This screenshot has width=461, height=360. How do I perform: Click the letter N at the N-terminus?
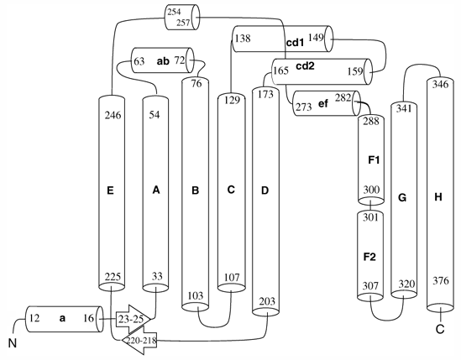(x=12, y=343)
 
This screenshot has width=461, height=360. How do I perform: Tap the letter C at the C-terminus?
(x=440, y=329)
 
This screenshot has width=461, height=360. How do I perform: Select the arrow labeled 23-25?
(x=134, y=319)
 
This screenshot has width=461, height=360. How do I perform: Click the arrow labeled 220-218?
(x=139, y=341)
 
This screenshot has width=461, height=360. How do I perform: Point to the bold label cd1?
(x=295, y=43)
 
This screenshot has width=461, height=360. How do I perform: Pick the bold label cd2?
(x=305, y=66)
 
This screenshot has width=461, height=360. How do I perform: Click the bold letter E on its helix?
(x=110, y=190)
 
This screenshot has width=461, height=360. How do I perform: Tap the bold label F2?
(x=369, y=257)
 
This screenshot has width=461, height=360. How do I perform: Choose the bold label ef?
(x=323, y=103)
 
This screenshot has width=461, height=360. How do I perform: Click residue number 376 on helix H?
(x=441, y=281)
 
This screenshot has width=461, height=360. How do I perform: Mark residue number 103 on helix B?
(x=195, y=295)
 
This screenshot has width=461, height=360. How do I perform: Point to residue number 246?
(x=113, y=115)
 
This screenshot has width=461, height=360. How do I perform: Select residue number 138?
(x=243, y=39)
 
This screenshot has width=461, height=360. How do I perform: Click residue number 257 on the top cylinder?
(x=183, y=23)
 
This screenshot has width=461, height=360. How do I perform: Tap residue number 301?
(x=370, y=217)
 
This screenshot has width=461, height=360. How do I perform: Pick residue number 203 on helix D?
(x=267, y=301)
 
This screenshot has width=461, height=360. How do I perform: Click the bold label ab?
(x=163, y=61)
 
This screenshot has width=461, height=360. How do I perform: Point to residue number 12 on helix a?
(x=34, y=318)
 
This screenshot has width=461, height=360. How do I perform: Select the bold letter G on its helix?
(x=402, y=198)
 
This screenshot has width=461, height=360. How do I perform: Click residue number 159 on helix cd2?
(x=355, y=71)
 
